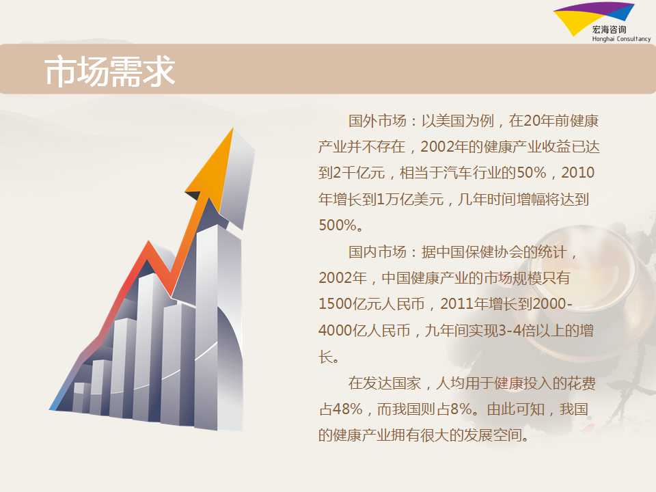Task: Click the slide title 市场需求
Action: (109, 72)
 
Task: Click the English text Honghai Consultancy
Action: (621, 39)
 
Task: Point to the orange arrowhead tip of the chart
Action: (232, 129)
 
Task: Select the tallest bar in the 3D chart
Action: (206, 327)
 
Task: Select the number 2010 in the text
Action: (577, 173)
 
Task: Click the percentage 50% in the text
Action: (532, 173)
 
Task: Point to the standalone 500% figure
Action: (338, 225)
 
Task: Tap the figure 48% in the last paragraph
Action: (348, 409)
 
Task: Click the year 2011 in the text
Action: (456, 303)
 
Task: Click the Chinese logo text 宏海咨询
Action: (610, 29)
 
